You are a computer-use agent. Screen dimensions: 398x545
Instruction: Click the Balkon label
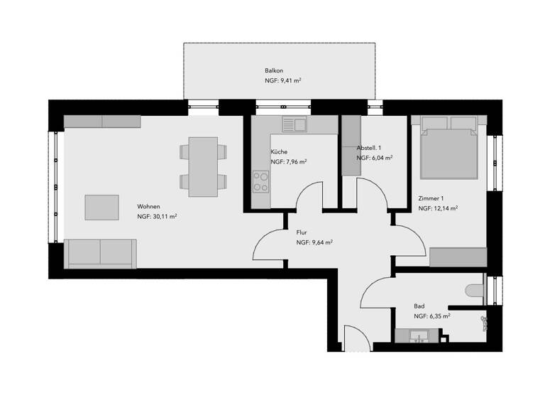click(273, 71)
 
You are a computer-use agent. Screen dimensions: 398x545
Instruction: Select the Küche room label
click(278, 152)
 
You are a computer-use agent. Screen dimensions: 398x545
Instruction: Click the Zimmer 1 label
click(431, 198)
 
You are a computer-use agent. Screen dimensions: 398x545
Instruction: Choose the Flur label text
click(301, 232)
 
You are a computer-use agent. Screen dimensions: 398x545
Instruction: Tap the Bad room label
click(419, 306)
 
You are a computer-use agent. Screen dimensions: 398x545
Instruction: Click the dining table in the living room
click(203, 166)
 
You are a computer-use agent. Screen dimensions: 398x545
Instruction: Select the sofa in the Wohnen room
click(100, 253)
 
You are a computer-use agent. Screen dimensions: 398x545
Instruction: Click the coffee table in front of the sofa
click(102, 207)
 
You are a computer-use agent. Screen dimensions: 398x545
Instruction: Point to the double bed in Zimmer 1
click(448, 149)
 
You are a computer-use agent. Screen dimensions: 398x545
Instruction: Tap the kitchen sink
click(293, 125)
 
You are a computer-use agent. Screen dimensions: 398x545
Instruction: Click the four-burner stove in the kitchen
click(260, 182)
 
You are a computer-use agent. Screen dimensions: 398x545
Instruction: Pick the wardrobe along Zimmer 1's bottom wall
click(458, 257)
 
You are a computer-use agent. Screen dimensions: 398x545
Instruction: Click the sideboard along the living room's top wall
click(103, 121)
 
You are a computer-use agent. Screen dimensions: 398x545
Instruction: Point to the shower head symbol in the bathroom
click(485, 322)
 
